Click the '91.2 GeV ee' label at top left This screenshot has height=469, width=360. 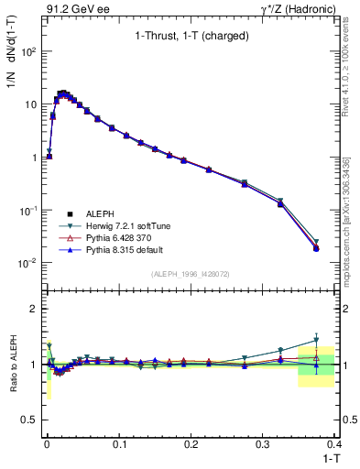(x=76, y=8)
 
